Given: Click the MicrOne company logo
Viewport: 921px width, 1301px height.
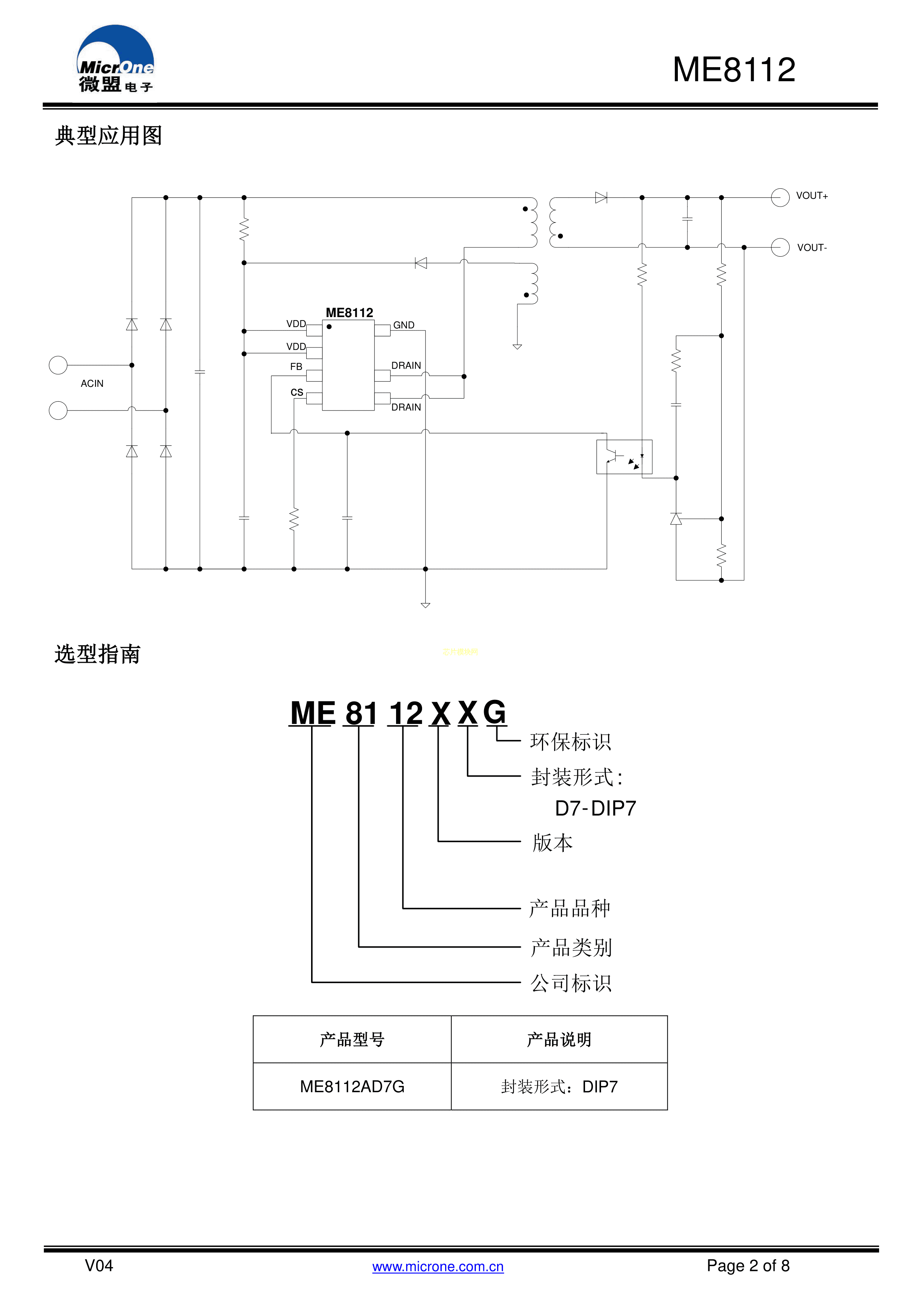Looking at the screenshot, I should coord(115,59).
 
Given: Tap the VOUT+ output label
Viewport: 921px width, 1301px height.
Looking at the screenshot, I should coord(811,196).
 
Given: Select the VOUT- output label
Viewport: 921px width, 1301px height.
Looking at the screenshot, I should coord(811,248).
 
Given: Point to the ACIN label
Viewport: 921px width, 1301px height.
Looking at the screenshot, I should coord(92,383).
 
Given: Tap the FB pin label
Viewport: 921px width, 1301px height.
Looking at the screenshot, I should coord(296,367).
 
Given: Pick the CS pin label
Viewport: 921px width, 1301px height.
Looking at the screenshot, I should coord(297,392).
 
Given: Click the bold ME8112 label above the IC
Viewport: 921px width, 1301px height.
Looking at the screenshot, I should coord(349,313).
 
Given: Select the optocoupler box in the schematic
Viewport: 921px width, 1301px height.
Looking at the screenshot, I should coord(624,457).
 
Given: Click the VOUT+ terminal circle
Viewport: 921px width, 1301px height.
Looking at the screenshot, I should coord(780,197).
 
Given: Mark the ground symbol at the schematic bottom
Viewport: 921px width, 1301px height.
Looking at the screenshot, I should coord(425,605).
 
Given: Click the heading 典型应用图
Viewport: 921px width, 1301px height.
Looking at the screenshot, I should coord(108,136).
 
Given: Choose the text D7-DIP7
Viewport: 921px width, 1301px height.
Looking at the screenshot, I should coord(595,808).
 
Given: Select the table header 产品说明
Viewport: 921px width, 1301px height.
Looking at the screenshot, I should coord(559,1040).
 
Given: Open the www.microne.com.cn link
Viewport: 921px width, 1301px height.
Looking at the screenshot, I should coord(438,1267).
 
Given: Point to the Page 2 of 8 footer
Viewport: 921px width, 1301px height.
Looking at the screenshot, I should coord(748,1266).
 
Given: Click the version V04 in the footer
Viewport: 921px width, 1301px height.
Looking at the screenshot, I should coord(99,1266).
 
